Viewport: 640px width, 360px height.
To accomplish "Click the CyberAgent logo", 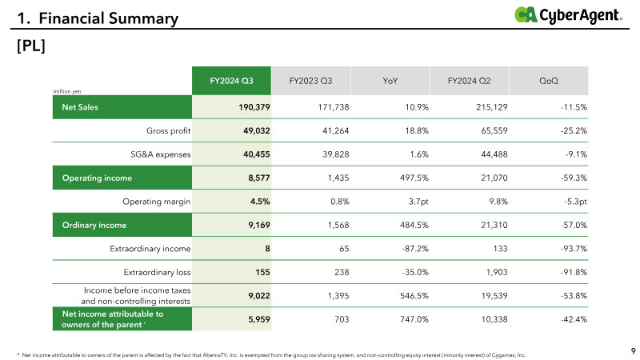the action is coord(568,15).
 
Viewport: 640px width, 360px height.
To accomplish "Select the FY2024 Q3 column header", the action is coord(231,81).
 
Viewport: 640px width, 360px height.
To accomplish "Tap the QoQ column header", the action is coord(549,81).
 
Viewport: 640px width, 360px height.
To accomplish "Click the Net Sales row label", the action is coord(80,107).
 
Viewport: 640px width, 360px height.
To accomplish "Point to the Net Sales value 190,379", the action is coord(254,107).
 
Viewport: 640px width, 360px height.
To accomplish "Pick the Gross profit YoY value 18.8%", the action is coord(417,131).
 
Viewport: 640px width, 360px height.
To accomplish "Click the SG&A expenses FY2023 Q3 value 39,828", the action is coord(335,154).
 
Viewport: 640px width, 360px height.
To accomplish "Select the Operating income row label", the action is coord(97,178).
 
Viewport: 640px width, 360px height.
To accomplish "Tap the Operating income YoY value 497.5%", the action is coord(414,178).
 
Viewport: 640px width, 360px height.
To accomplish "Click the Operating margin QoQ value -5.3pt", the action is coord(576,202).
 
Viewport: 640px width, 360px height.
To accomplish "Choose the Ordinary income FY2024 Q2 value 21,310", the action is coord(494,226).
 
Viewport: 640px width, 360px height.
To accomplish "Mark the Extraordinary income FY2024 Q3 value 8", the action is coord(267,249).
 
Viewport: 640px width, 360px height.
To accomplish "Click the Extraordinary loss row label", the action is coord(157,272).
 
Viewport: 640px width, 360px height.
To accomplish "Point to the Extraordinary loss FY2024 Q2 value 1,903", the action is coord(497,272).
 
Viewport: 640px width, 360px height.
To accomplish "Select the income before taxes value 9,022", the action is coord(259,296).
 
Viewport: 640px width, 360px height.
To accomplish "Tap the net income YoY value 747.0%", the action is coord(414,319).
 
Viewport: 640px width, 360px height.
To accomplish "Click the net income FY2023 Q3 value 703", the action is coord(342,319).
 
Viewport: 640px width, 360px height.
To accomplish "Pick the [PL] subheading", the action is coord(31,46).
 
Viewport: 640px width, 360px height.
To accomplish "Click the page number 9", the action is coord(633,351).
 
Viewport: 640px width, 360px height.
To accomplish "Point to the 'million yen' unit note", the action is coord(67,91).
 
